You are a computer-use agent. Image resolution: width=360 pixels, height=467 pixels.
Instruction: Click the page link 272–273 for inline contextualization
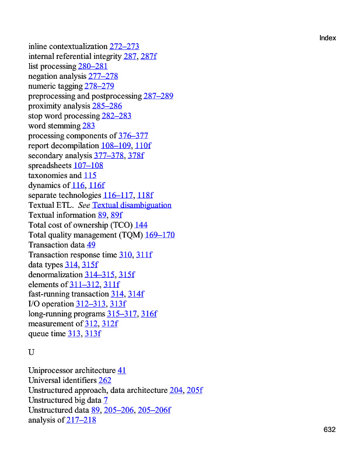[124, 47]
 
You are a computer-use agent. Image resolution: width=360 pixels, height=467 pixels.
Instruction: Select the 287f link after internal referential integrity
[148, 57]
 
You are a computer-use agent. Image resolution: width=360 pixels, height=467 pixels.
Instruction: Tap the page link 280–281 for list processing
[93, 67]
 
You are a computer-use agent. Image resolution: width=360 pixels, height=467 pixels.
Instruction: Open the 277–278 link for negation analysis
[103, 76]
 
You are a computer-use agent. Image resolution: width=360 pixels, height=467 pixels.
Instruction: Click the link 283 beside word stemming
[89, 126]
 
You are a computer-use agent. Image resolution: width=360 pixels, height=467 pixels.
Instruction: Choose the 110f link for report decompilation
[143, 146]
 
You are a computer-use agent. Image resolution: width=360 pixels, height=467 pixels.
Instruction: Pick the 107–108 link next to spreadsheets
[88, 166]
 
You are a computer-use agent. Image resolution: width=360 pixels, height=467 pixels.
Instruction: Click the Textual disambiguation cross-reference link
[132, 205]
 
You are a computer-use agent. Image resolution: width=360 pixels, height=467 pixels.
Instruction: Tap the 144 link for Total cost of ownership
[141, 225]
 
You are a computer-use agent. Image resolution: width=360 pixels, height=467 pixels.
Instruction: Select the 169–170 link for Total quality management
[160, 235]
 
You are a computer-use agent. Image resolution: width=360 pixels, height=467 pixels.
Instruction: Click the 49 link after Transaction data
[91, 245]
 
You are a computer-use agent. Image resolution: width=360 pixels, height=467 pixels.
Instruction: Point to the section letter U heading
[32, 353]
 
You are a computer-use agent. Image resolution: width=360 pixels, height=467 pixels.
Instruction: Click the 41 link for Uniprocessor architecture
[122, 371]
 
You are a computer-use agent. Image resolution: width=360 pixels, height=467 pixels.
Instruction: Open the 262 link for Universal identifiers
[105, 381]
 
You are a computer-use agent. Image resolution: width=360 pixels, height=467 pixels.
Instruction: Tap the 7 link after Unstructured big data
[106, 400]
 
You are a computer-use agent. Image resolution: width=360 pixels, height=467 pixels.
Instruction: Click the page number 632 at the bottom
[330, 430]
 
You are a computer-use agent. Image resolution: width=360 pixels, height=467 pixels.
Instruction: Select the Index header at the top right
[328, 38]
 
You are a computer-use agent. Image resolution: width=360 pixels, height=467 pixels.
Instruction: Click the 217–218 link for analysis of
[81, 420]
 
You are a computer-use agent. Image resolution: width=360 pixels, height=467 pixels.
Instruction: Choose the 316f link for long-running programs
[149, 314]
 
